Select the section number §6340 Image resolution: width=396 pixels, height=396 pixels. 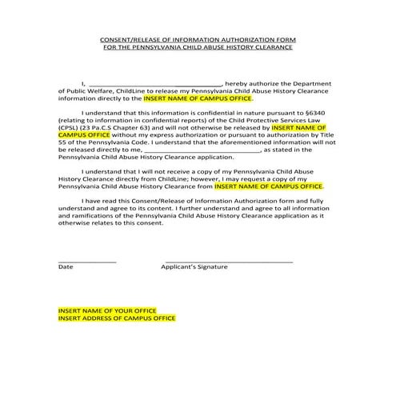322,113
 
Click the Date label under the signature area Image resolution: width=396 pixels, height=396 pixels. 65,266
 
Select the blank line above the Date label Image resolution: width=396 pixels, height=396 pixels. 87,261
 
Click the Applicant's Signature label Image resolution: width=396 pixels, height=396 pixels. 194,266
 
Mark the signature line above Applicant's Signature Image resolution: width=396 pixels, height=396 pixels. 228,261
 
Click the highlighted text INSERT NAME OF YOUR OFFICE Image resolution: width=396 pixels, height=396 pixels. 107,310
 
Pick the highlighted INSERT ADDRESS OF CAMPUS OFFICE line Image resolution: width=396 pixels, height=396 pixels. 116,318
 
